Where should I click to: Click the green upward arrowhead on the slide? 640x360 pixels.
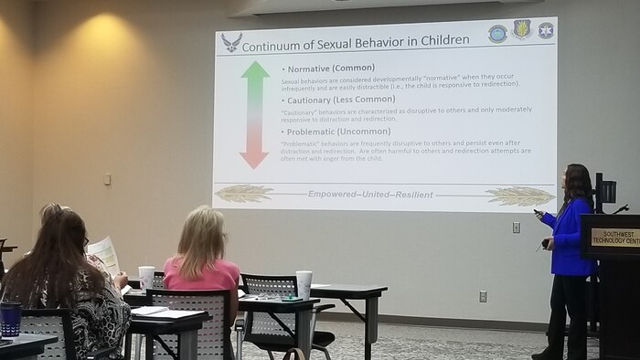(255, 69)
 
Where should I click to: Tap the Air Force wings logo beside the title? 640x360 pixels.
(231, 42)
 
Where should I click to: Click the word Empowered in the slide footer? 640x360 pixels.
(336, 195)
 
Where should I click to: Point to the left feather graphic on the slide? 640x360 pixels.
(244, 193)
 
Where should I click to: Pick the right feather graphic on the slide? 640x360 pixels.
(519, 196)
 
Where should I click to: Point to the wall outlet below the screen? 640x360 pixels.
(483, 296)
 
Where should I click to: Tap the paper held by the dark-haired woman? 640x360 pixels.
(104, 253)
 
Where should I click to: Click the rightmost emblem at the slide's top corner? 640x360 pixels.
(546, 30)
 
